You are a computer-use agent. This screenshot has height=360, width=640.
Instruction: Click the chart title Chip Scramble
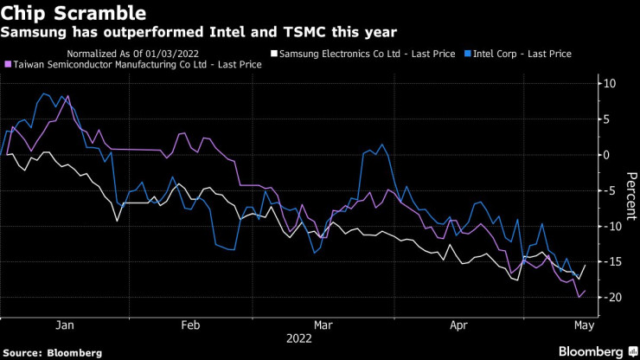point(73,14)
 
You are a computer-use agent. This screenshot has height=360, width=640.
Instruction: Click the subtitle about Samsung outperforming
point(200,33)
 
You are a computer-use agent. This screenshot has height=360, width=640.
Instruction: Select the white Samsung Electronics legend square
point(274,54)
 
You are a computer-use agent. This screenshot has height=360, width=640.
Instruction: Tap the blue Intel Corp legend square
point(468,54)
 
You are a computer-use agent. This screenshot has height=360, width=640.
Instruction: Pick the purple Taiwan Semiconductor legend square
point(9,65)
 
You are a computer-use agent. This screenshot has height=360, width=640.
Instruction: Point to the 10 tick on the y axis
point(611,84)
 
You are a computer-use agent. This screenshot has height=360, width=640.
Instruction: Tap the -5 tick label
point(611,190)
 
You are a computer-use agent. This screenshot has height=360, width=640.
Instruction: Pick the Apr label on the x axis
point(458,327)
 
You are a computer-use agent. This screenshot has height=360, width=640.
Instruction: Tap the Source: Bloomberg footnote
point(52,352)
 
